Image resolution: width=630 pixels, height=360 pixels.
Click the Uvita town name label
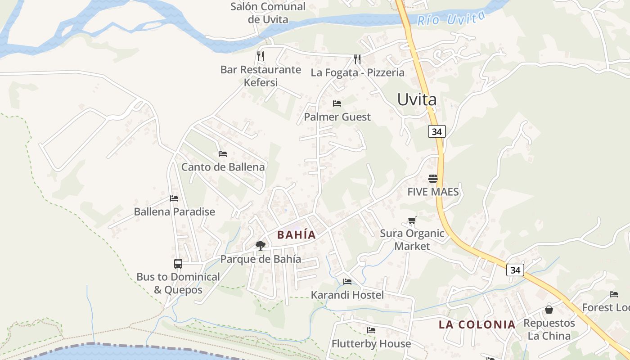point(417,99)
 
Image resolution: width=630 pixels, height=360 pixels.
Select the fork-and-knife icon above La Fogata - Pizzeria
point(357,59)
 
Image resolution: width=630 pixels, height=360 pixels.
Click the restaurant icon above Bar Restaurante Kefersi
point(260,56)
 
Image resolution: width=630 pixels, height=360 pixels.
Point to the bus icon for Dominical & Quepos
point(178,264)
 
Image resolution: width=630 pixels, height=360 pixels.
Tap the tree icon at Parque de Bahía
point(260,245)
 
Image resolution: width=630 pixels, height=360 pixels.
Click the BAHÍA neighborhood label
point(297,234)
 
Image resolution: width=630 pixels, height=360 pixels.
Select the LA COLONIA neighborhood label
point(477,324)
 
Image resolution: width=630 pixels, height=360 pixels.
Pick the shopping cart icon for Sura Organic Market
point(412,220)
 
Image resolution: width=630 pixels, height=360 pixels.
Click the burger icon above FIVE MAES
point(433,179)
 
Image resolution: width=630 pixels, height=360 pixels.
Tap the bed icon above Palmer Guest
point(337,103)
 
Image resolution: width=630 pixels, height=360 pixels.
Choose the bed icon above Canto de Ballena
point(223,153)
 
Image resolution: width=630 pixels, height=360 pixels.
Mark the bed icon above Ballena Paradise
point(174,198)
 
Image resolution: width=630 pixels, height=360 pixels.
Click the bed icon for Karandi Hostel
point(347,282)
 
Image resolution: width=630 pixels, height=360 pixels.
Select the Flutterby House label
point(371,343)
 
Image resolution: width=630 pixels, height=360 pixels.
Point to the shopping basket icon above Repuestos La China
point(549,310)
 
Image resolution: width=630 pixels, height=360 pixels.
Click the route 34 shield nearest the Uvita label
point(436,131)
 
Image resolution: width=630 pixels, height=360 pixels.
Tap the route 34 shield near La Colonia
point(515,270)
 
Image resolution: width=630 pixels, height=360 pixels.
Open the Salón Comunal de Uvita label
point(268,13)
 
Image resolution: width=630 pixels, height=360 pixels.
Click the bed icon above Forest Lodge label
point(614,294)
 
